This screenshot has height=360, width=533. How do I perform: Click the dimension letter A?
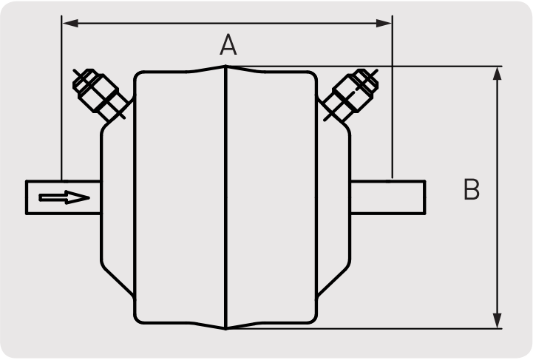click(228, 44)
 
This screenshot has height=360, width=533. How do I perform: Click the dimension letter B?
click(472, 189)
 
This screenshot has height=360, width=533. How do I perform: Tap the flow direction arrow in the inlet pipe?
click(64, 197)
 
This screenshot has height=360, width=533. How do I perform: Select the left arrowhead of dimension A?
click(70, 23)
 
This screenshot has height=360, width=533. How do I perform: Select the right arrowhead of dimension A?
click(384, 23)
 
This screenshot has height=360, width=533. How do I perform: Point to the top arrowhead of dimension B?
click(498, 74)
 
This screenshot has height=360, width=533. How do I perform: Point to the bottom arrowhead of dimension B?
click(498, 321)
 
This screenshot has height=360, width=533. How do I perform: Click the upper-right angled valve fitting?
click(350, 95)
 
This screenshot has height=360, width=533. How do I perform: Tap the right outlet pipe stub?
click(388, 197)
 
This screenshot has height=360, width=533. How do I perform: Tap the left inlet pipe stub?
click(64, 197)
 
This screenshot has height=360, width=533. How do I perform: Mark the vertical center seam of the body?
click(225, 197)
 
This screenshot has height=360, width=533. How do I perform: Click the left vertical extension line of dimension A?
click(61, 98)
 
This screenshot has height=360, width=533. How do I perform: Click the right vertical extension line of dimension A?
click(393, 97)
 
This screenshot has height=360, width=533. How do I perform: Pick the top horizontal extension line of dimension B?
click(364, 67)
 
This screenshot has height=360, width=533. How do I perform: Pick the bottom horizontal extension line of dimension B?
click(364, 329)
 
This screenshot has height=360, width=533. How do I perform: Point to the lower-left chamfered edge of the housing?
click(118, 280)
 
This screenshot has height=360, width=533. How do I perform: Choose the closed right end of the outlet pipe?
click(424, 197)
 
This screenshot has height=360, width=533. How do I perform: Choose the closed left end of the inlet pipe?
click(27, 197)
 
